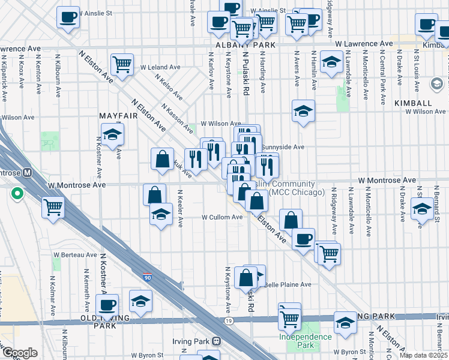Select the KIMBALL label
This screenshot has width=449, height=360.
coord(413,103)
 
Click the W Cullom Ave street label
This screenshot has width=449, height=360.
coord(221,217)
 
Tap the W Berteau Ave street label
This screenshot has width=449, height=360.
coord(74,254)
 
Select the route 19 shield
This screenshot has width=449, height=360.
coord(229,322)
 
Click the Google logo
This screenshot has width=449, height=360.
coord(20,353)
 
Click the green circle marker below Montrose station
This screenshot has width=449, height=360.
coord(17,194)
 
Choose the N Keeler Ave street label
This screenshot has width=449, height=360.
coord(179,208)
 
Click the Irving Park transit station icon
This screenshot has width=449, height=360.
coord(215,341)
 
